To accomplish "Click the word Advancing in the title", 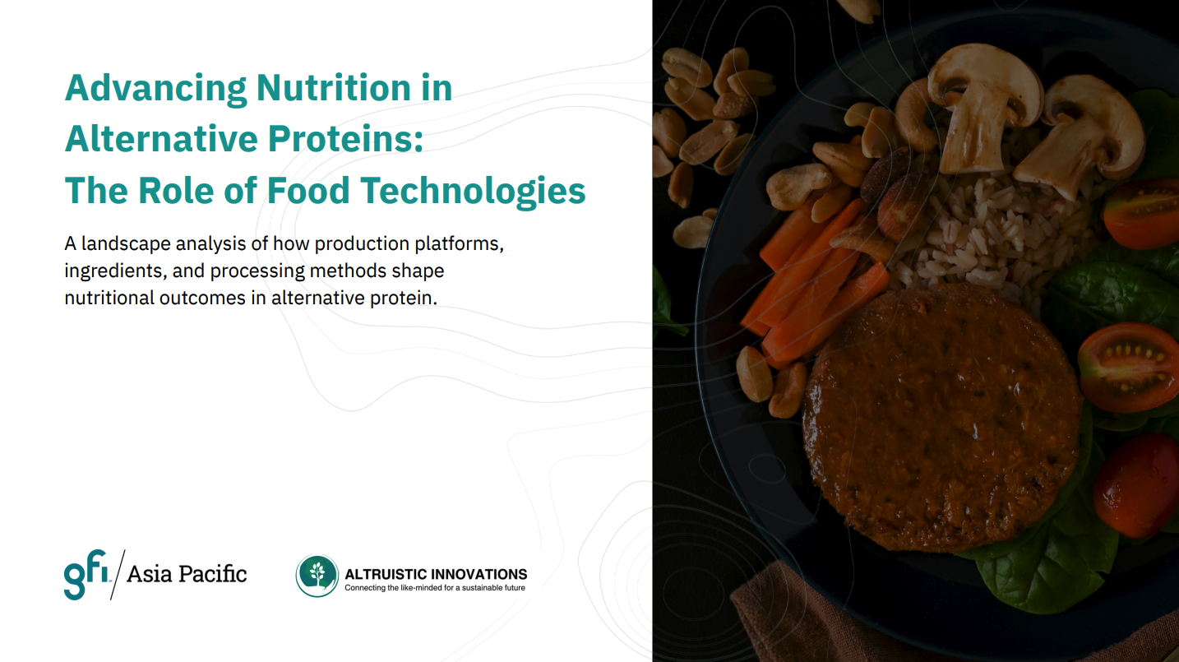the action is [155, 90].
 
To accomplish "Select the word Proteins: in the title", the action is [345, 139].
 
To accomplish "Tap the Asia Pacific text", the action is [187, 574].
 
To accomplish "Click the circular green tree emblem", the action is [317, 576].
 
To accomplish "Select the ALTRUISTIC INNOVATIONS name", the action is [436, 573].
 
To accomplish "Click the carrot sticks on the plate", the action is [816, 285].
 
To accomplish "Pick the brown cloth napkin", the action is [895, 622].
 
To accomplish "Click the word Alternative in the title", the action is [162, 139].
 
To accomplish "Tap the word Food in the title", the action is [308, 190].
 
